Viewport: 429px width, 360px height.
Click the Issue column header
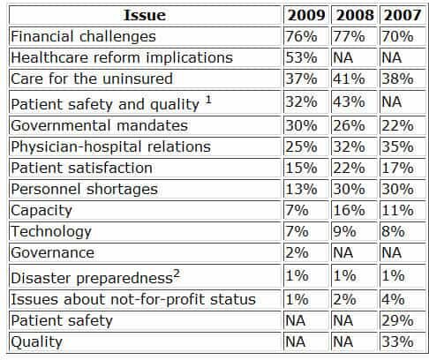click(145, 15)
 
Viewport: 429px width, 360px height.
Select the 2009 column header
click(306, 15)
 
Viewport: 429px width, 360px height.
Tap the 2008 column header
click(355, 15)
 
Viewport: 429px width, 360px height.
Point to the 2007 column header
click(403, 15)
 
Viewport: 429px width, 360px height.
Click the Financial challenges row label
click(83, 37)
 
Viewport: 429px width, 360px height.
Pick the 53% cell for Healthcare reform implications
click(301, 57)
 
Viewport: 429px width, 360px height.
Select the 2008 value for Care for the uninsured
click(349, 79)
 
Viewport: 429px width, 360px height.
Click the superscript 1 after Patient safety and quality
click(208, 100)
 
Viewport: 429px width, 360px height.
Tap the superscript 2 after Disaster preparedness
click(177, 274)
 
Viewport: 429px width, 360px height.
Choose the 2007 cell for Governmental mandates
click(397, 126)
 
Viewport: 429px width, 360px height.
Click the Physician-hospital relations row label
click(111, 146)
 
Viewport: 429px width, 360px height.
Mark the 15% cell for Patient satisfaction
click(301, 169)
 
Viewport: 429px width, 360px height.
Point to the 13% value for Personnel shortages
click(301, 189)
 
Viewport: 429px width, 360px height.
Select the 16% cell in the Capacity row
click(349, 210)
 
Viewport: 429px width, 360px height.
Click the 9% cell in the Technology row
click(344, 231)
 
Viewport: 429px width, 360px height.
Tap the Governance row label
click(53, 252)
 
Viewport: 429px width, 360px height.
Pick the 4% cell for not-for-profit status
click(393, 299)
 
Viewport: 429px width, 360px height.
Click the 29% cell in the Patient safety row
click(397, 320)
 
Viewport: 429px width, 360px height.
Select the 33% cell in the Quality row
click(397, 341)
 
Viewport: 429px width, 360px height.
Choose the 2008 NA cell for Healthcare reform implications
click(343, 57)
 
